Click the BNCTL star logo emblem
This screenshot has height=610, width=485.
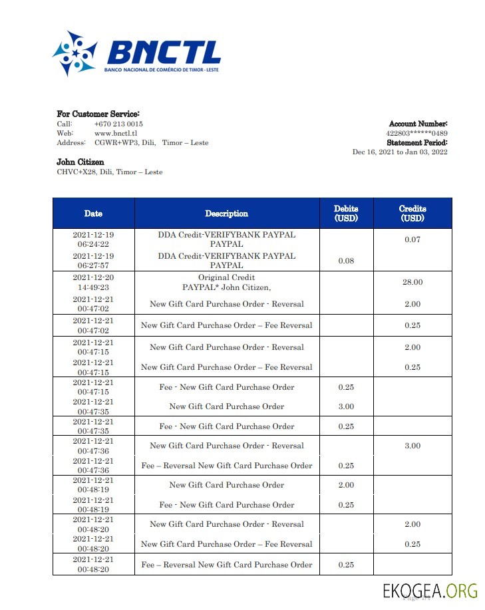coord(75,53)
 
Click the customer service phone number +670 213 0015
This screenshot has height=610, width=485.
coord(118,124)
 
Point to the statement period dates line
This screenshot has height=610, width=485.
coord(399,152)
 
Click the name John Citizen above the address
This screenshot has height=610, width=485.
coord(81,162)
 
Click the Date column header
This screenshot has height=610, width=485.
coord(93,214)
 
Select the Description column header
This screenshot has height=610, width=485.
coord(226,214)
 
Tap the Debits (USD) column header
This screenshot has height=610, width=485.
coord(346,214)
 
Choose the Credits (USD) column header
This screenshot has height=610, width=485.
coord(412,214)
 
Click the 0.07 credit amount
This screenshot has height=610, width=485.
coord(412,239)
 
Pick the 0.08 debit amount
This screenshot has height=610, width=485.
coord(346,261)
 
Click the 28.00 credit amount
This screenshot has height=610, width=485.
coord(412,282)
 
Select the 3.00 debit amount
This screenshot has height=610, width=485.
coord(346,406)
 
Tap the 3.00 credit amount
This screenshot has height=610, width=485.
coord(412,446)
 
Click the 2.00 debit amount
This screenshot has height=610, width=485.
coord(346,485)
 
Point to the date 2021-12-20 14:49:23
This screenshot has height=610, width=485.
coord(93,282)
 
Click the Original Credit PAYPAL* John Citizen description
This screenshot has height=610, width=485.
coord(226,282)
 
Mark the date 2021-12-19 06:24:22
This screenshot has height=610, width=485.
coord(93,239)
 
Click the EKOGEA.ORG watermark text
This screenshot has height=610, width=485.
coord(430,590)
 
